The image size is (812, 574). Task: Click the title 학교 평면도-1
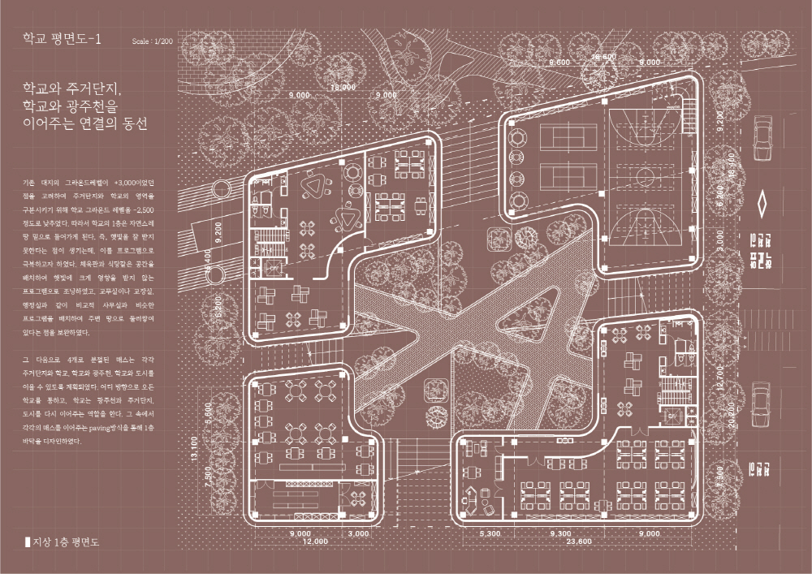63,38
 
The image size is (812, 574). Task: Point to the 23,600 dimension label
578,541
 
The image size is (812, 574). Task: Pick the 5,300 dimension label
493,533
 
